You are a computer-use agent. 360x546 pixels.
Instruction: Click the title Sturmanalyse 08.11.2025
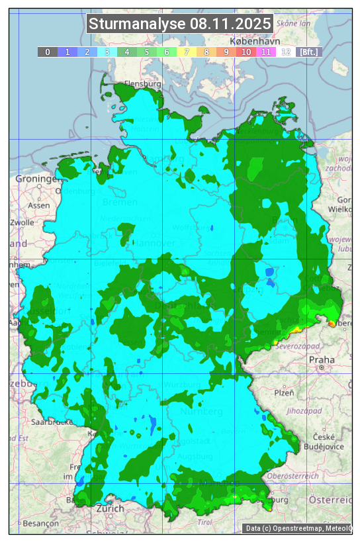point(180,24)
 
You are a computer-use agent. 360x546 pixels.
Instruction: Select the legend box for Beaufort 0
point(48,52)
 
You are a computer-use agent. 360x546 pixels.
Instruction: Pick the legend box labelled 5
point(146,52)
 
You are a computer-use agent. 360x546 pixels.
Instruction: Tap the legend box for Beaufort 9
point(226,52)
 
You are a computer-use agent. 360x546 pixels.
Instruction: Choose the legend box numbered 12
point(286,52)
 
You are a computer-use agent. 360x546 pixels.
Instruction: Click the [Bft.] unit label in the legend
point(308,52)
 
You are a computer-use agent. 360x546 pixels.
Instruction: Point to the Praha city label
point(322,360)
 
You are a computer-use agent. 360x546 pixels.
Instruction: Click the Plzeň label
point(285,392)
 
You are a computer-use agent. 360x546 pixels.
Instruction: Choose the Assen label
point(39,205)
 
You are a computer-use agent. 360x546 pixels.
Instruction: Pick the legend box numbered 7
point(187,52)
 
